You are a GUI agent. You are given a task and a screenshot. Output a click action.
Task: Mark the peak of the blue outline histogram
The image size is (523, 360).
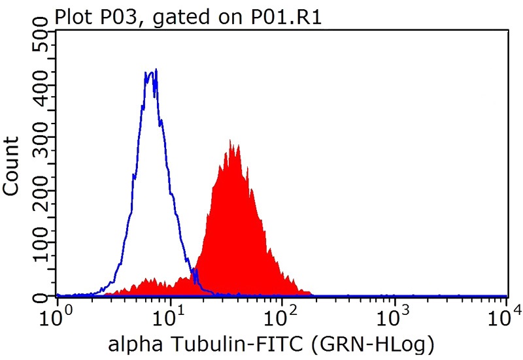152,71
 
